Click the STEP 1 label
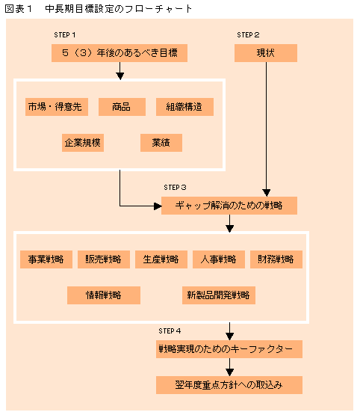coord(65,34)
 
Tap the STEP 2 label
coord(248,34)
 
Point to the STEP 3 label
coord(175,188)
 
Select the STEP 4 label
coord(170,331)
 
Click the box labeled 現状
coord(266,53)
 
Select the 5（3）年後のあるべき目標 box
coord(120,53)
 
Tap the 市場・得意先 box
coord(57,107)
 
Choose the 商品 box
coord(122,107)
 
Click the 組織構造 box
coord(184,107)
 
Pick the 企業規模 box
coord(83,143)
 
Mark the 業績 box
coord(161,143)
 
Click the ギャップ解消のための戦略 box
coord(229,206)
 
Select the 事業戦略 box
coord(46,259)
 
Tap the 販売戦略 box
coord(104,259)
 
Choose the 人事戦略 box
coord(219,259)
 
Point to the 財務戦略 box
coord(276,259)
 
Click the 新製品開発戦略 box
coord(219,295)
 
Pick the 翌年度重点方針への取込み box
coord(229,385)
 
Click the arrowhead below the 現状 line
coord(266,193)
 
